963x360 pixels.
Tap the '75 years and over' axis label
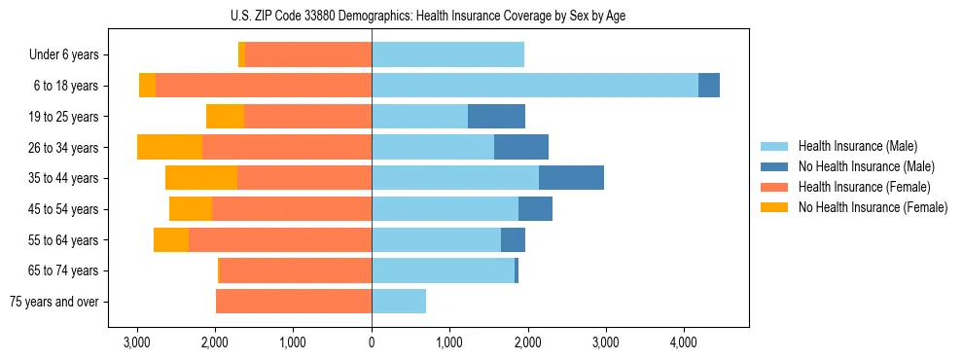click(x=54, y=302)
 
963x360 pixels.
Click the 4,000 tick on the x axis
click(x=684, y=343)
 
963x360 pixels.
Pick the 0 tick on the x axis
click(x=372, y=343)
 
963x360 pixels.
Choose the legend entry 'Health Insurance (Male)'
click(x=857, y=146)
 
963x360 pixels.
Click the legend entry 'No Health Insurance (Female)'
click(x=873, y=207)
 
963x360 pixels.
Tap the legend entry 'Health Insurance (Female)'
click(x=864, y=187)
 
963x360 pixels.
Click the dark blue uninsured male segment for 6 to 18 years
click(x=709, y=86)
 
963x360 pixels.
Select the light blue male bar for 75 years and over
click(x=399, y=302)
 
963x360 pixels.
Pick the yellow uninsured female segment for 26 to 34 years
click(x=169, y=147)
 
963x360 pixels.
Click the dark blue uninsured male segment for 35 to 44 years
click(x=571, y=178)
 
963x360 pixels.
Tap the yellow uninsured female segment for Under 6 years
click(x=241, y=54)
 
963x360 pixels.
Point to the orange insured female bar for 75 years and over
click(x=294, y=302)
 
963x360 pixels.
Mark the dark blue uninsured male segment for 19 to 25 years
click(x=496, y=117)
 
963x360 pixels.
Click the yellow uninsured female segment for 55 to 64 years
click(x=171, y=239)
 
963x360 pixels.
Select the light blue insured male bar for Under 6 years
click(x=447, y=54)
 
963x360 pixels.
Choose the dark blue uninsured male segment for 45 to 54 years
click(x=535, y=209)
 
